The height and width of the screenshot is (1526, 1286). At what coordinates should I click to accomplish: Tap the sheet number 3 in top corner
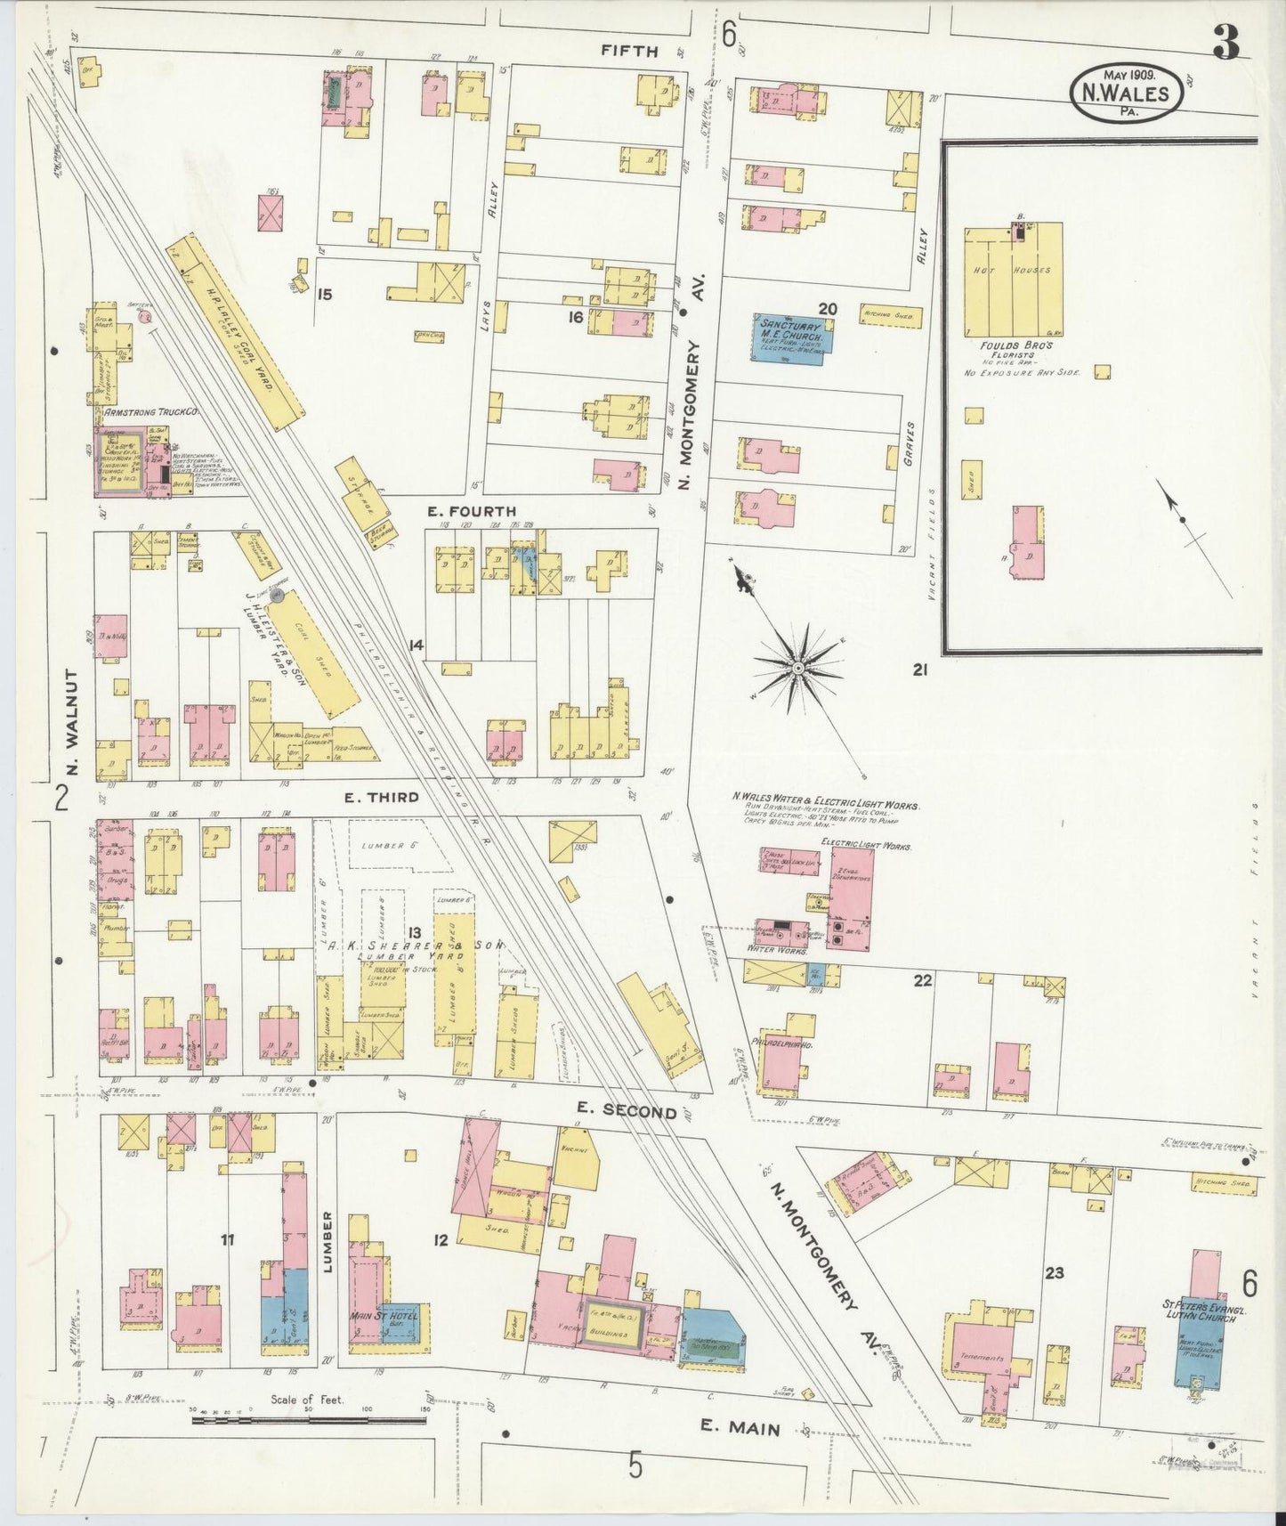click(1228, 44)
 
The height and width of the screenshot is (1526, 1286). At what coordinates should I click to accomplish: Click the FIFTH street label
click(629, 51)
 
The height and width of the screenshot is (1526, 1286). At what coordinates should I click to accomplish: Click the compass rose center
click(798, 667)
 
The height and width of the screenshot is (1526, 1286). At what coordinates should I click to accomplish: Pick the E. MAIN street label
click(740, 1428)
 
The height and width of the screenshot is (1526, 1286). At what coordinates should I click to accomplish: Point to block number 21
click(919, 669)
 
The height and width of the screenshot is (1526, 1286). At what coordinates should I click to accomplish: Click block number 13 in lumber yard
click(414, 931)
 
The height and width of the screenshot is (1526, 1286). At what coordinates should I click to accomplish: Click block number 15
click(325, 293)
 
